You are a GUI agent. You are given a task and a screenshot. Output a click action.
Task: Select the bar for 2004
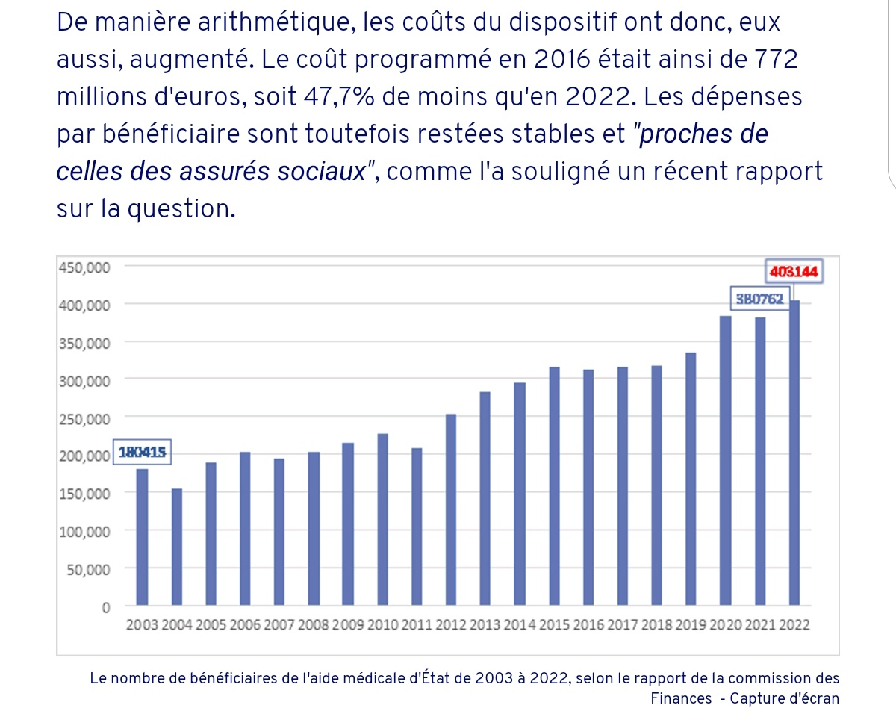pyautogui.click(x=177, y=547)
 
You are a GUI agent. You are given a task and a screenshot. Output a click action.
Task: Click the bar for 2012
pyautogui.click(x=451, y=509)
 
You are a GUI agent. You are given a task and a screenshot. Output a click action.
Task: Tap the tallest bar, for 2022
pyautogui.click(x=794, y=453)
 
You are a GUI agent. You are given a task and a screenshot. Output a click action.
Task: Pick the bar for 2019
pyautogui.click(x=691, y=479)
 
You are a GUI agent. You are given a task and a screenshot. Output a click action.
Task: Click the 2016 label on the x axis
pyautogui.click(x=588, y=626)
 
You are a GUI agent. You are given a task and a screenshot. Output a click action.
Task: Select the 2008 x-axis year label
pyautogui.click(x=314, y=626)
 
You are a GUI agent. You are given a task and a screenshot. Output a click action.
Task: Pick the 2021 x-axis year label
pyautogui.click(x=760, y=626)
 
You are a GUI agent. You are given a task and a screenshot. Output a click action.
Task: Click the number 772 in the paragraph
pyautogui.click(x=773, y=60)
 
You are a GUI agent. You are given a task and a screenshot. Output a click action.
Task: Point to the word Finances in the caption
pyautogui.click(x=681, y=699)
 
